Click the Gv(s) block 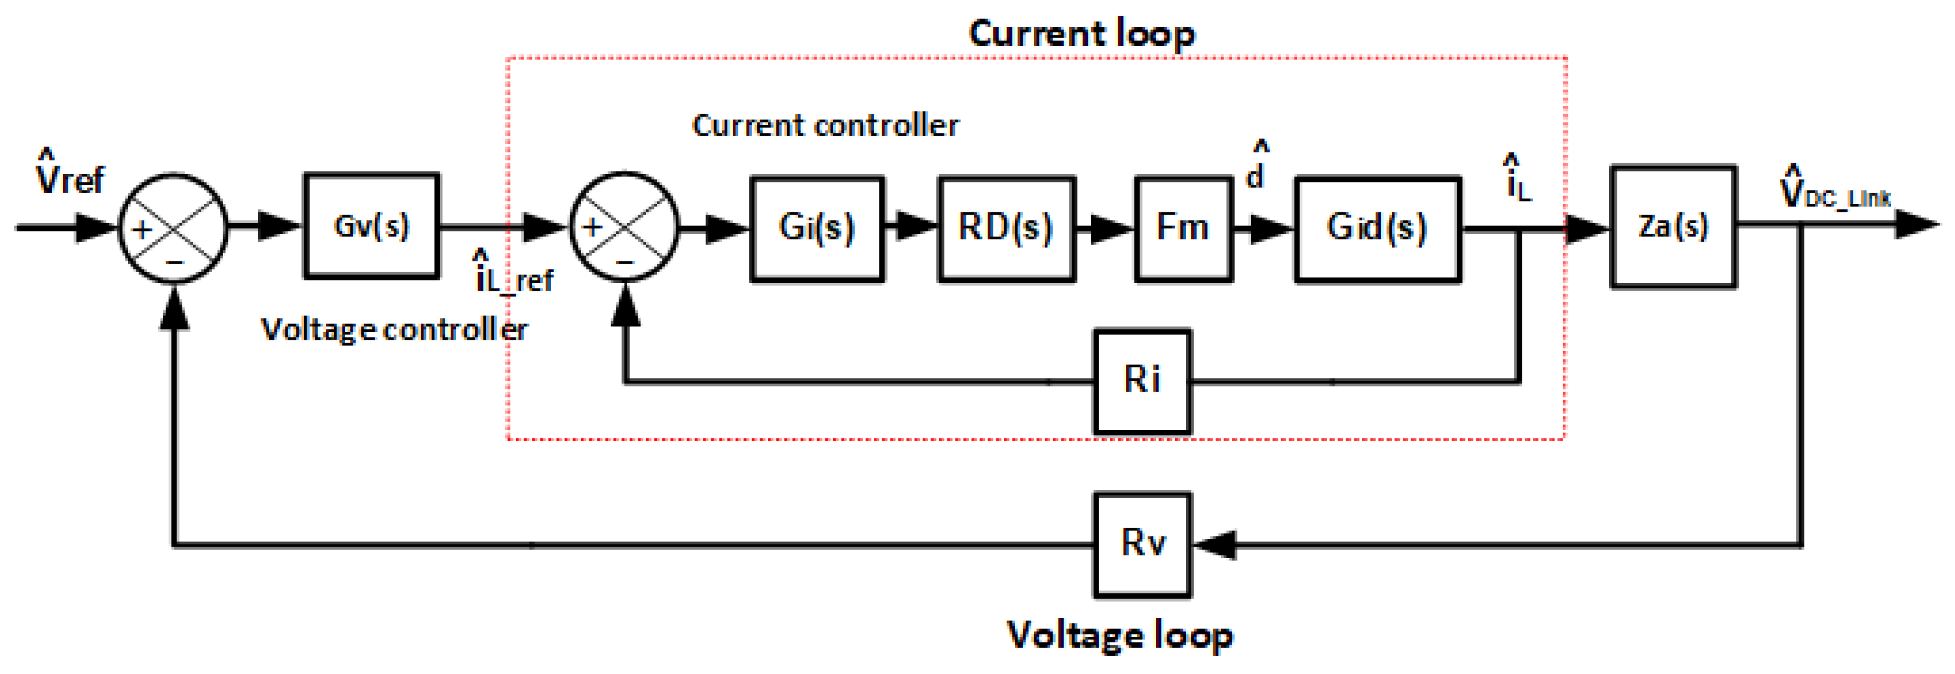point(371,225)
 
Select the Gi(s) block point(816,228)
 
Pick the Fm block point(1182,228)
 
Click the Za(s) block point(1673,226)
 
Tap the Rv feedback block point(1142,544)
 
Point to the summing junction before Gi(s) point(624,227)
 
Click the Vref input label point(69,175)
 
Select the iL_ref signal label point(514,275)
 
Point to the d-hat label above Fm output point(1256,167)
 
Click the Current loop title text point(1081,34)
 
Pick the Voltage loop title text point(1119,636)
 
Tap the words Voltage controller point(394,330)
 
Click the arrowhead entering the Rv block point(1214,544)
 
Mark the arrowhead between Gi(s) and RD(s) point(916,226)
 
